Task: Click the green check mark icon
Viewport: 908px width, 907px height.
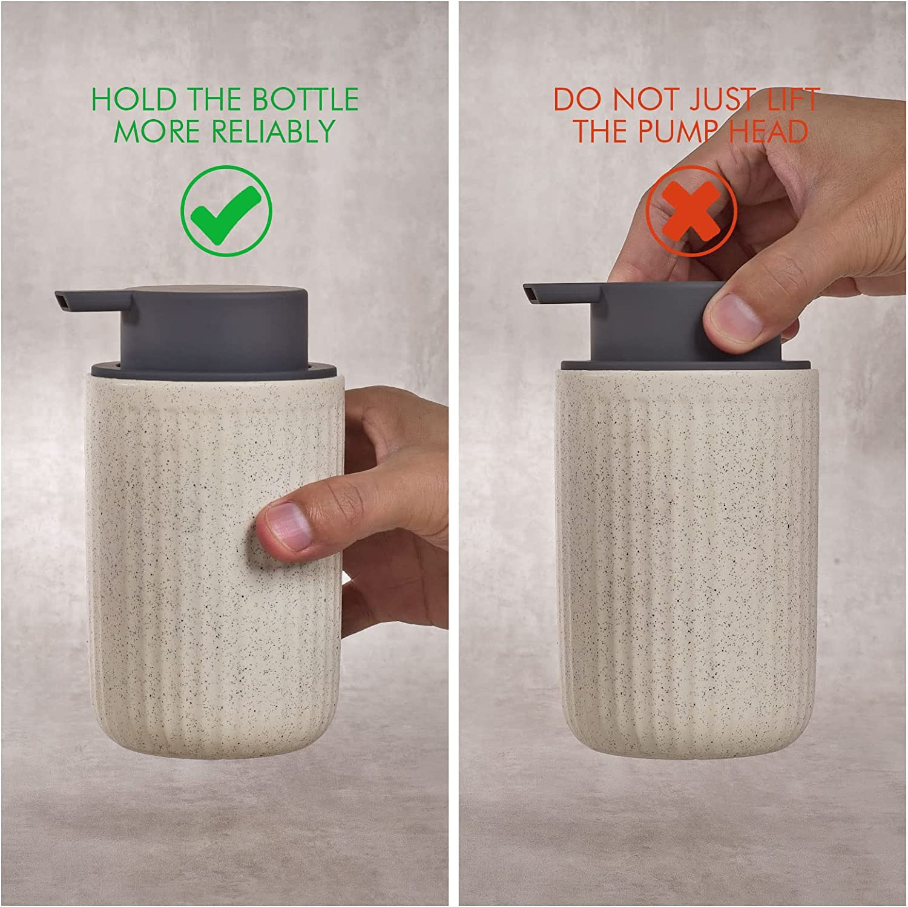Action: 226,211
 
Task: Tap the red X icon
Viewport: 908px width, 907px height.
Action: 691,211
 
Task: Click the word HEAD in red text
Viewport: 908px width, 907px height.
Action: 769,131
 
